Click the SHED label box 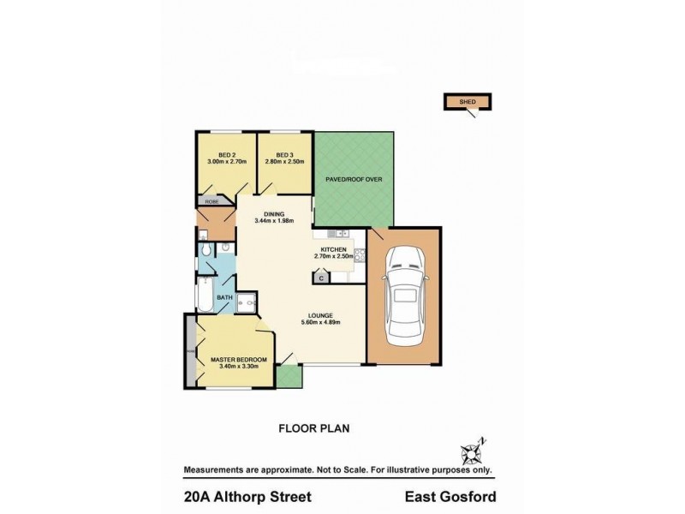pos(467,102)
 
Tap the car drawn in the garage pos(404,296)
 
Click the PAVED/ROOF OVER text pos(354,180)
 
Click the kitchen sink pos(339,233)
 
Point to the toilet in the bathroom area pos(206,249)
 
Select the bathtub pos(205,295)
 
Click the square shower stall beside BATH pos(247,302)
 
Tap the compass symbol pos(473,451)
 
